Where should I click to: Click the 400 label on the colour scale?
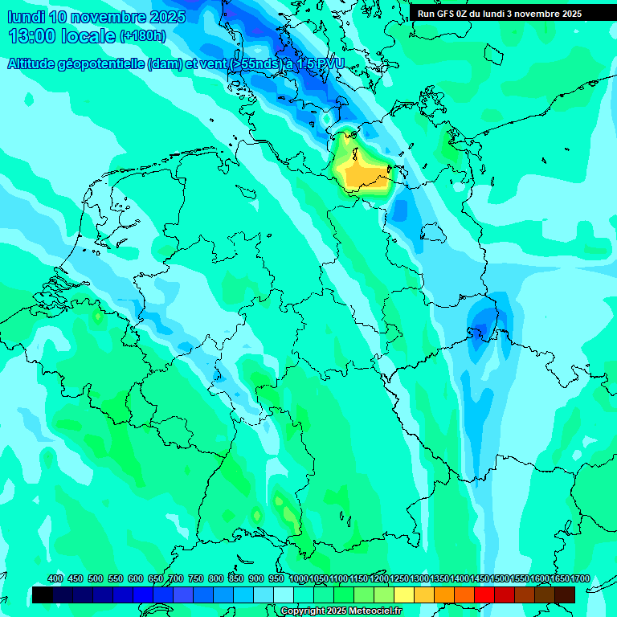[55, 579]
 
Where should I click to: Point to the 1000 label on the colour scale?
[299, 579]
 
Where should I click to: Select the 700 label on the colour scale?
[175, 579]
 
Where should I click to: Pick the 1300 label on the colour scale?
[419, 579]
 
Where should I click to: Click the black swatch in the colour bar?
[43, 595]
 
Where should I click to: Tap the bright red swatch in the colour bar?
[484, 595]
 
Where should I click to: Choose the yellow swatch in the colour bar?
[404, 595]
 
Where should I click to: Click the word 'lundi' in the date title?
[27, 17]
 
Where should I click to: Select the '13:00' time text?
[32, 36]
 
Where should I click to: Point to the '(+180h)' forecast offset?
[142, 36]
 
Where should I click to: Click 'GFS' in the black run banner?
[446, 14]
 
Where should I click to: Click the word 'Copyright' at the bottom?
[303, 611]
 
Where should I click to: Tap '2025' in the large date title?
[165, 17]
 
